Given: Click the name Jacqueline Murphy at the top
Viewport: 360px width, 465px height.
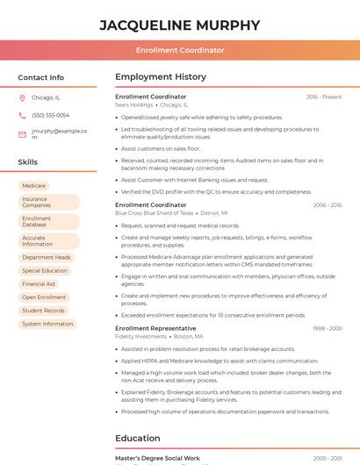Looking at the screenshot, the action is (180, 25).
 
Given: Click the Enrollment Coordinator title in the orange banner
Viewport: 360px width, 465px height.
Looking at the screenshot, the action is (180, 51).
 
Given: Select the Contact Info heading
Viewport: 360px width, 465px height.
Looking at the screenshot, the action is (41, 77).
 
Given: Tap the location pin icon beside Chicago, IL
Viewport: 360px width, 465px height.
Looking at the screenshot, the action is (22, 98).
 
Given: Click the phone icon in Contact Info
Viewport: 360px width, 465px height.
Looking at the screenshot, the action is (22, 116).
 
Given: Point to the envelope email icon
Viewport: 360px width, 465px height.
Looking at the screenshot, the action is (22, 134).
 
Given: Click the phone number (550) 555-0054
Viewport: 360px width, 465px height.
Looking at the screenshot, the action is (50, 116).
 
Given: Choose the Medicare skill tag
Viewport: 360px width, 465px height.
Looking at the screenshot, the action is (34, 186).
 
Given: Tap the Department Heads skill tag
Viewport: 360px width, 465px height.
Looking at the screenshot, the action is (47, 258).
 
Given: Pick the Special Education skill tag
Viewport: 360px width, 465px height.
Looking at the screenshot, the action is (45, 271).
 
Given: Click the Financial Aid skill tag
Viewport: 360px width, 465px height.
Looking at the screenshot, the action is (39, 284).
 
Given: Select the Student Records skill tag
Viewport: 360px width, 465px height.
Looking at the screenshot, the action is (43, 311).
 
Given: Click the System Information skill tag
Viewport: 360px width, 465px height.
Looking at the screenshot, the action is (47, 324).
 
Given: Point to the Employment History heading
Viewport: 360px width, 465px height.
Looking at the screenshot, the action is (161, 77).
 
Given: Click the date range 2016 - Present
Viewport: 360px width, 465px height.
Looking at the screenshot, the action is (324, 97).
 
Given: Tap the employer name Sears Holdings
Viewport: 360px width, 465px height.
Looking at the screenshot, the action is (133, 104).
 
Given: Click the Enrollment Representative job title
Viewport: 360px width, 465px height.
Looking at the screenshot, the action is (155, 328).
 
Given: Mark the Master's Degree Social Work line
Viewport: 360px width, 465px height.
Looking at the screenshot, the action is (157, 458).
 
